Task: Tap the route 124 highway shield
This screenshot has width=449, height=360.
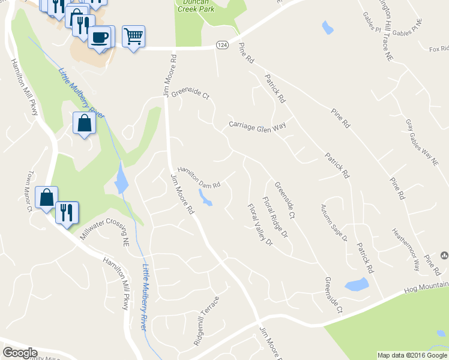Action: (222, 45)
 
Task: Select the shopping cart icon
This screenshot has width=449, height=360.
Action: (133, 36)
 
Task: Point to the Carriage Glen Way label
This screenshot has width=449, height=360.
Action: (257, 125)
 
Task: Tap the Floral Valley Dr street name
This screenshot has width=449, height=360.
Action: (260, 225)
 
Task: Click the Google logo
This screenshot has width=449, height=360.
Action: (20, 353)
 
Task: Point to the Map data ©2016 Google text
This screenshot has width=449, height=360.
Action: (412, 355)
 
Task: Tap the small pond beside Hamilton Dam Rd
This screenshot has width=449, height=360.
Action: (205, 197)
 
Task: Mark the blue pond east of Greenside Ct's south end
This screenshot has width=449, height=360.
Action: (357, 284)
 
